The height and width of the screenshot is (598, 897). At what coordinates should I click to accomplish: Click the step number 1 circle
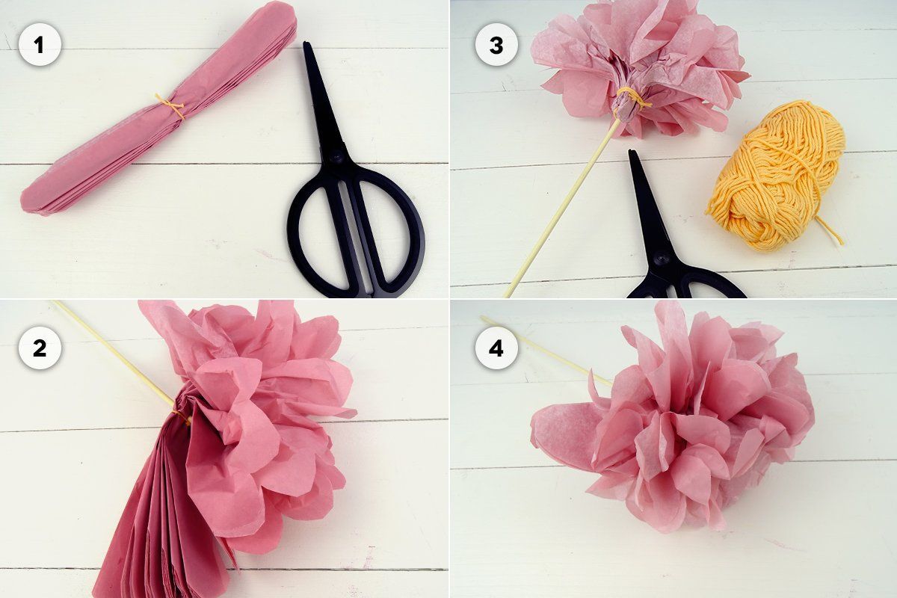39,44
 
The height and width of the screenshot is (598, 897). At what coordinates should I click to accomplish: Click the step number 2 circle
39,348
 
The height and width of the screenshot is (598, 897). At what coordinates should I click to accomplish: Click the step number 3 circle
496,44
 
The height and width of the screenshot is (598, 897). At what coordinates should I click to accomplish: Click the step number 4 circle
496,348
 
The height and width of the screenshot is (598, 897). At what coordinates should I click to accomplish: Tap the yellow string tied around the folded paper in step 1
170,106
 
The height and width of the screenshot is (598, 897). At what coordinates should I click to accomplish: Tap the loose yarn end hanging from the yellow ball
830,232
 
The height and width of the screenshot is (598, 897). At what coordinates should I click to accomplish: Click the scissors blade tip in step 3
631,152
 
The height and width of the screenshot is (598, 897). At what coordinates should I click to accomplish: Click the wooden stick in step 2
116,354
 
